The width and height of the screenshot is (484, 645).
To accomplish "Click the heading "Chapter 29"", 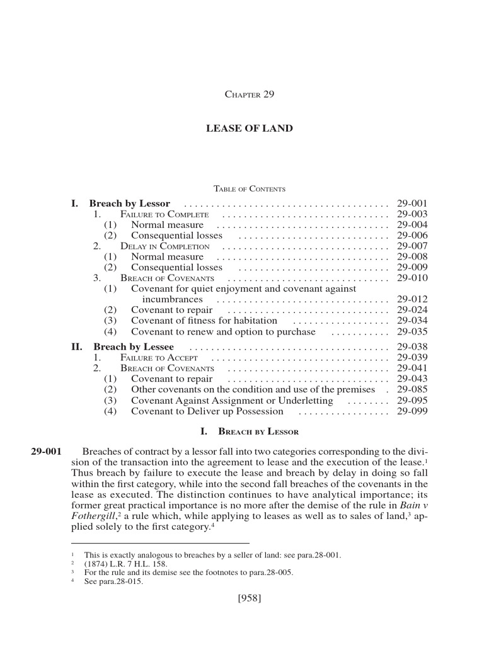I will pos(250,94).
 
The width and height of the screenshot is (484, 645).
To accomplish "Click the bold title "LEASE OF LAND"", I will pos(250,128).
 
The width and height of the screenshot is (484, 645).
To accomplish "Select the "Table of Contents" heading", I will pos(250,189).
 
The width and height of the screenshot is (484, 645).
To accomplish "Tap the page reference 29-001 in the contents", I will pos(412,203).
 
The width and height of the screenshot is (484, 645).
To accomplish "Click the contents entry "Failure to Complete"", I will pos(164,215).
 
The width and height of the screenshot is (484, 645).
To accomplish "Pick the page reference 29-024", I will pos(412,310).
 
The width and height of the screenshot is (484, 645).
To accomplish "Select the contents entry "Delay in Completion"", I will pos(165,246).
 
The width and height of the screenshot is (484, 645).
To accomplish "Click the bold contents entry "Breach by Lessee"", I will pos(134,346).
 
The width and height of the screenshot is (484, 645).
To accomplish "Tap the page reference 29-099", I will pos(412,411).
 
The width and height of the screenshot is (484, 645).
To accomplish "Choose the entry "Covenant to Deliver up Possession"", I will pos(207,411).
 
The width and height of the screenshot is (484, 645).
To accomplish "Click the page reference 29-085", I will pos(412,389).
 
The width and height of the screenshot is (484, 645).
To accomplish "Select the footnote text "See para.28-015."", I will pos(113,582).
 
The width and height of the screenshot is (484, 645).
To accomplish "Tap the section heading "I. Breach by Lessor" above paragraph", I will pos(250,432).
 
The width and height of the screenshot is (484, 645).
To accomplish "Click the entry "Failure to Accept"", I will pos(161,357).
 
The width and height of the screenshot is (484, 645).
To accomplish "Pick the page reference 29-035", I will pos(412,331).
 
